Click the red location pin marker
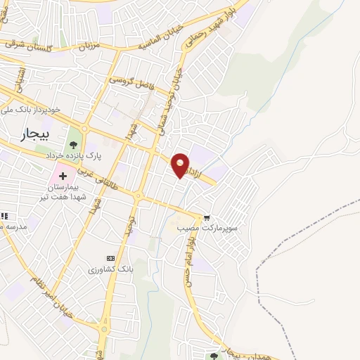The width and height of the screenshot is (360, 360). pyautogui.click(x=181, y=165)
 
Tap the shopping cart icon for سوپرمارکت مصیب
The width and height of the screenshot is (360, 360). pyautogui.click(x=206, y=217)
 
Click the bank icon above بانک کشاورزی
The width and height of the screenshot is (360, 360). pyautogui.click(x=110, y=258)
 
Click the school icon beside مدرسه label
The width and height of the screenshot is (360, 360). pyautogui.click(x=4, y=216)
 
